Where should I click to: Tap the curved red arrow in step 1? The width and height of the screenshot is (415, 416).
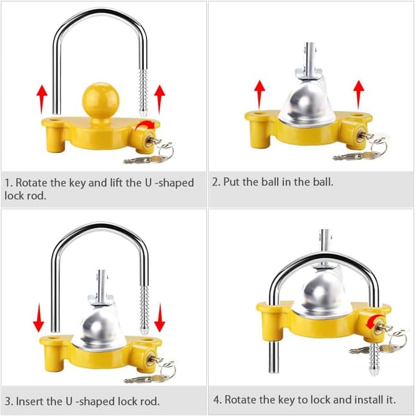click(145, 125)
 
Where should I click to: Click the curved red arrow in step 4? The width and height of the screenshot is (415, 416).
click(373, 322)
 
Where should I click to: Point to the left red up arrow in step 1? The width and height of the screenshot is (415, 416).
click(41, 99)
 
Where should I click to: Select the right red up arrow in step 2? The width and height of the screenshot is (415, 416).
click(359, 95)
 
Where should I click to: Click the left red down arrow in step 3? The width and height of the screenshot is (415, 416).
click(39, 318)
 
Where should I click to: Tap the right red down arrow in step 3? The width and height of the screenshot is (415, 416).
click(160, 318)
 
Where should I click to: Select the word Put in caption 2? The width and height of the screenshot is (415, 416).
click(231, 182)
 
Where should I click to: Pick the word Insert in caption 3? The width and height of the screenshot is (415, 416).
click(30, 401)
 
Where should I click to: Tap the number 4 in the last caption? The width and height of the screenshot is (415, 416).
click(217, 400)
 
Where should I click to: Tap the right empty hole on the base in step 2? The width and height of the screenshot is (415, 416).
click(357, 116)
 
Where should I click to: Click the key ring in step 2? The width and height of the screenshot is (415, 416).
click(379, 145)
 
